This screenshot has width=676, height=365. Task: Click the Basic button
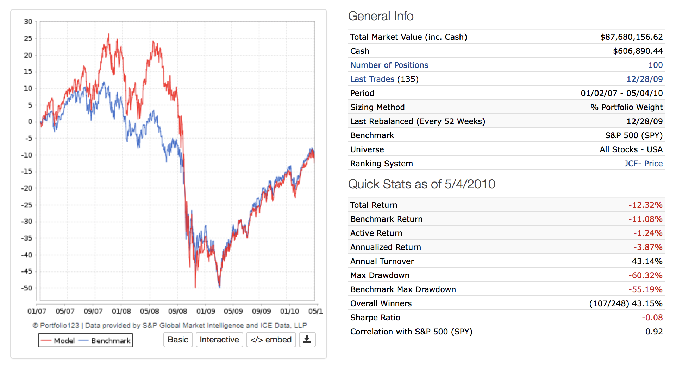(178, 340)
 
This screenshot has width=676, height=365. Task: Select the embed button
(271, 340)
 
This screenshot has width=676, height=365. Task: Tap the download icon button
(307, 340)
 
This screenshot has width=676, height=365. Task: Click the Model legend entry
(58, 340)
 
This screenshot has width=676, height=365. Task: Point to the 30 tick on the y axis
(28, 22)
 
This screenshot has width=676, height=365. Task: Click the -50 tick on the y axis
(27, 288)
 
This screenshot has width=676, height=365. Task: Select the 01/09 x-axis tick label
(206, 311)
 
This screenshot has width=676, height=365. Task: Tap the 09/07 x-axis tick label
(93, 311)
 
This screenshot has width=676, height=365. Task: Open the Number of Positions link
(389, 65)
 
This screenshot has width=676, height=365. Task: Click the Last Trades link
(372, 79)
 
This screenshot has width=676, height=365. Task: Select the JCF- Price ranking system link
(643, 164)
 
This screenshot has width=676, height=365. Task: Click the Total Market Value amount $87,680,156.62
(631, 37)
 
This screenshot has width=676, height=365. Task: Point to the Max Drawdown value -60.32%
(645, 275)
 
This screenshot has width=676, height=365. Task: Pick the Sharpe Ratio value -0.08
(652, 318)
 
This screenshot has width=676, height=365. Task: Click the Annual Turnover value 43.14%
(647, 261)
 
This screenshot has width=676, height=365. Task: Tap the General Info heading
(381, 16)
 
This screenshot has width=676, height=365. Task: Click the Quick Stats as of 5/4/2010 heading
(421, 184)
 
